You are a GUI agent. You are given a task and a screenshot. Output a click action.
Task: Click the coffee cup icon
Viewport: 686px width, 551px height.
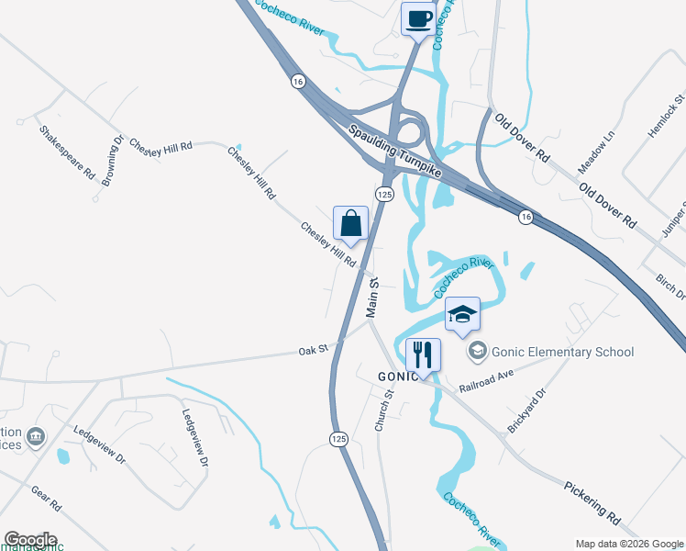418,19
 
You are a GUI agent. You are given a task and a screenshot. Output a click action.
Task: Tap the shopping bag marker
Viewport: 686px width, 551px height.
351,222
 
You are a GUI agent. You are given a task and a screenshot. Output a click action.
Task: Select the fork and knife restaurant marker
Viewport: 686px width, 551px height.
423,354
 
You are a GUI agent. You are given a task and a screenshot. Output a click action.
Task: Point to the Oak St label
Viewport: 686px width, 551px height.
313,352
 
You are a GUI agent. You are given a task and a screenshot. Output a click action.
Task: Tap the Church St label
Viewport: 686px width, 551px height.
383,410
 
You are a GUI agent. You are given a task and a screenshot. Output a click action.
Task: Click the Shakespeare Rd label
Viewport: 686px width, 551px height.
67,152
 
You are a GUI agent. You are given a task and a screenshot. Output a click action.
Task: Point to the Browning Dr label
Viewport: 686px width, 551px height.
112,162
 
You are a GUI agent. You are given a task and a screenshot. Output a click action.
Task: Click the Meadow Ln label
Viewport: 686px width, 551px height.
594,153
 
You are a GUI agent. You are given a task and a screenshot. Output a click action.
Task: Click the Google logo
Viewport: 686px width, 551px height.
30,540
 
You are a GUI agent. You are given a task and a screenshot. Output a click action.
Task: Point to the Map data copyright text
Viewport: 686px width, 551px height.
627,543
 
